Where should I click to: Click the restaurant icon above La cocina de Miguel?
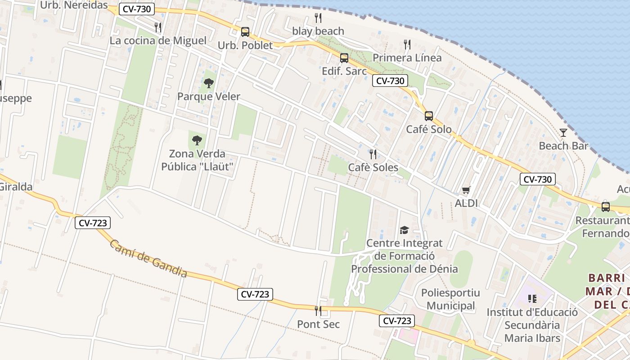coord(158,27)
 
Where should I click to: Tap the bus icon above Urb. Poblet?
coord(245,32)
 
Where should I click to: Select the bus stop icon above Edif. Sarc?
coord(344,58)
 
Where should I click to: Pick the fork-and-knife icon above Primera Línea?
coord(407,45)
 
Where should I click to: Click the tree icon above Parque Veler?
coord(208,83)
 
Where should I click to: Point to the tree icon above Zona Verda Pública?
coord(197,140)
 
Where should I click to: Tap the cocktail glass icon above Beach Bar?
coord(563,132)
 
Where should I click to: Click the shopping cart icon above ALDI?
coord(466,190)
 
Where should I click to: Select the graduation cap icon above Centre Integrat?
coord(404,230)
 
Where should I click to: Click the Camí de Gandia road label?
coord(148,258)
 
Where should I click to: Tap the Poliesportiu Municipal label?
coord(450,299)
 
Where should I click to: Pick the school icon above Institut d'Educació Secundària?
coord(532,299)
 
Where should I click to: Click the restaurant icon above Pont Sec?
coord(318,311)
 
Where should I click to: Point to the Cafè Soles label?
coord(373,168)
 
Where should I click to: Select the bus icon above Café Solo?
coord(429,116)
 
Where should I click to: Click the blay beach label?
coord(318,31)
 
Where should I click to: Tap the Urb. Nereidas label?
coord(74,5)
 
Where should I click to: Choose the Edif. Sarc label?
coord(344,71)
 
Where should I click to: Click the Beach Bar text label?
coord(563,146)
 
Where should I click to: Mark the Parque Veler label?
coord(209,97)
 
